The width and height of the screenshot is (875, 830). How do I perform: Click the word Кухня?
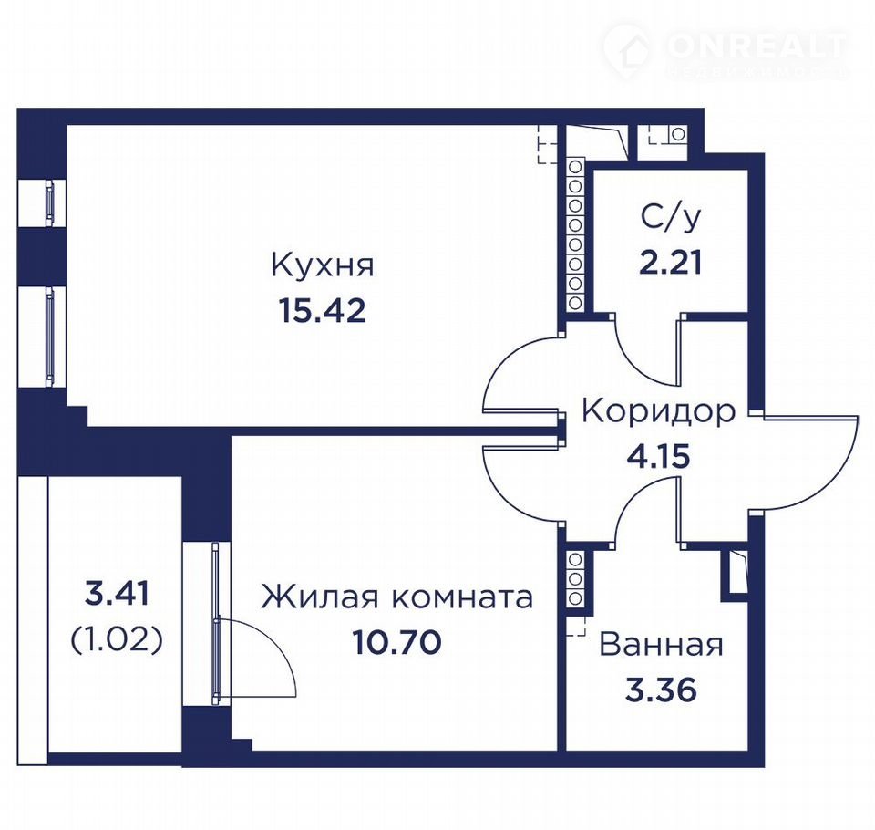pyautogui.click(x=323, y=265)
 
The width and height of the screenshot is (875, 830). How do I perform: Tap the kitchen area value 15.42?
pyautogui.click(x=322, y=310)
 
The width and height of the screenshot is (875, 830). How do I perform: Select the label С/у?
pyautogui.click(x=670, y=218)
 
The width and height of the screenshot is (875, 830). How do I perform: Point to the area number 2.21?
pyautogui.click(x=670, y=263)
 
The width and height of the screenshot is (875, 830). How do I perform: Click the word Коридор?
pyautogui.click(x=658, y=412)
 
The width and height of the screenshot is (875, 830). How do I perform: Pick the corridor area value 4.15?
pyautogui.click(x=658, y=457)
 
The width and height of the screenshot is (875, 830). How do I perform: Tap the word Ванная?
pyautogui.click(x=662, y=645)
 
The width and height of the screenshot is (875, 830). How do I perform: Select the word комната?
pyautogui.click(x=460, y=598)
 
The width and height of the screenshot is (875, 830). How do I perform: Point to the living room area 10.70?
pyautogui.click(x=396, y=642)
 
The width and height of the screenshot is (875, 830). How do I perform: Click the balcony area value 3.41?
pyautogui.click(x=118, y=594)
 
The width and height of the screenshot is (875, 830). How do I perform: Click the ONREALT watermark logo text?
pyautogui.click(x=757, y=47)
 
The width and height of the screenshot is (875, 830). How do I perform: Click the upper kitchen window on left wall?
pyautogui.click(x=49, y=202)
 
